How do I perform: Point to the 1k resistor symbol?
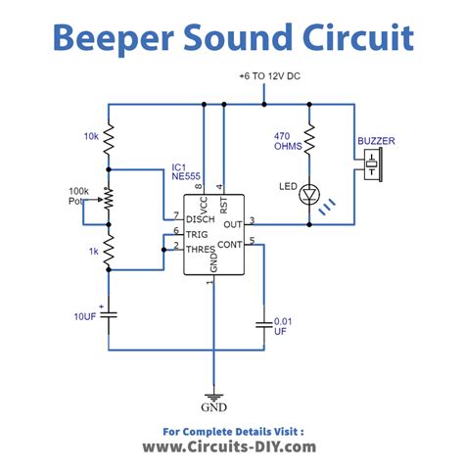coord(109,253)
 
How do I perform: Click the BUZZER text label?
coord(376,141)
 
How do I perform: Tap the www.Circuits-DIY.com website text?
coord(231,446)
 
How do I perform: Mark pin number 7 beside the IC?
coord(176,214)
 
